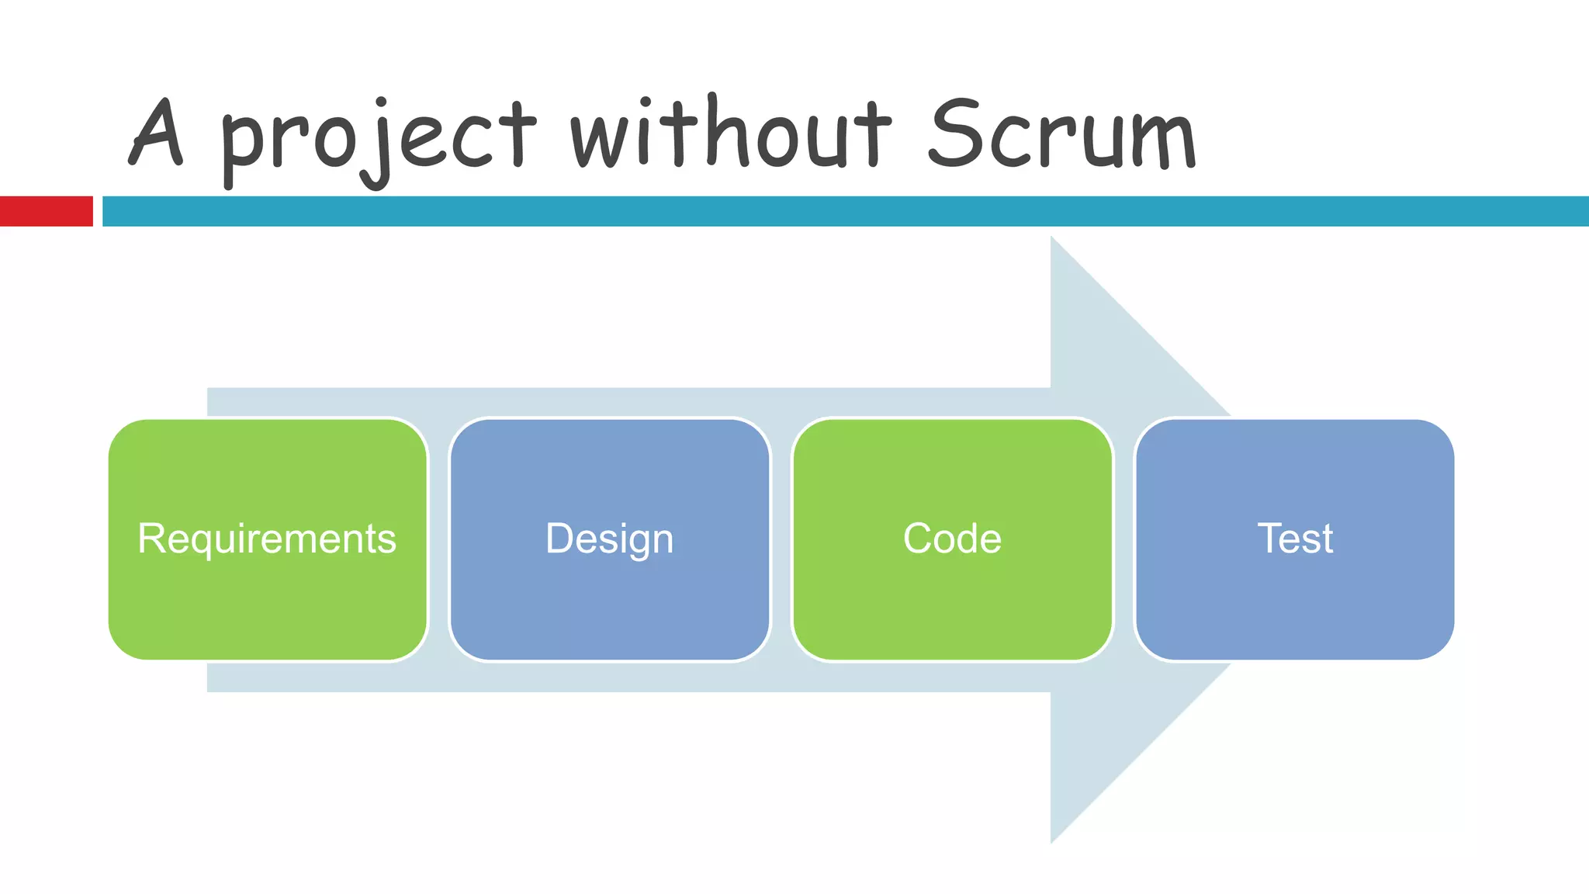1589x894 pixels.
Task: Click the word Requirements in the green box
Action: [x=267, y=539]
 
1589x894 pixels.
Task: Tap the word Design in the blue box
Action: [x=610, y=539]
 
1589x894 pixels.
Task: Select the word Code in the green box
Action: [x=952, y=539]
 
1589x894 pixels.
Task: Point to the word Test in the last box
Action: [x=1295, y=539]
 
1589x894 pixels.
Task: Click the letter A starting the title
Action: [x=158, y=133]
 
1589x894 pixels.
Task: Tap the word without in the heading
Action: [x=729, y=133]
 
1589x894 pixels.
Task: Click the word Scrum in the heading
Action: [x=1062, y=133]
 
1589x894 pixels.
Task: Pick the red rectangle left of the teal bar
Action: [x=46, y=211]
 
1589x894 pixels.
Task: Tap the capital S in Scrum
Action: [x=955, y=133]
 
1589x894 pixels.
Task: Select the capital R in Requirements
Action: [x=151, y=539]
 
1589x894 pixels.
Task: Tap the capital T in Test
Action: [x=1270, y=539]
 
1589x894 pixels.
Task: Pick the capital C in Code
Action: [x=918, y=539]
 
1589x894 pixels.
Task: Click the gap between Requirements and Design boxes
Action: [x=438, y=539]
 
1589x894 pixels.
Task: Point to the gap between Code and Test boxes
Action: [x=1124, y=539]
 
